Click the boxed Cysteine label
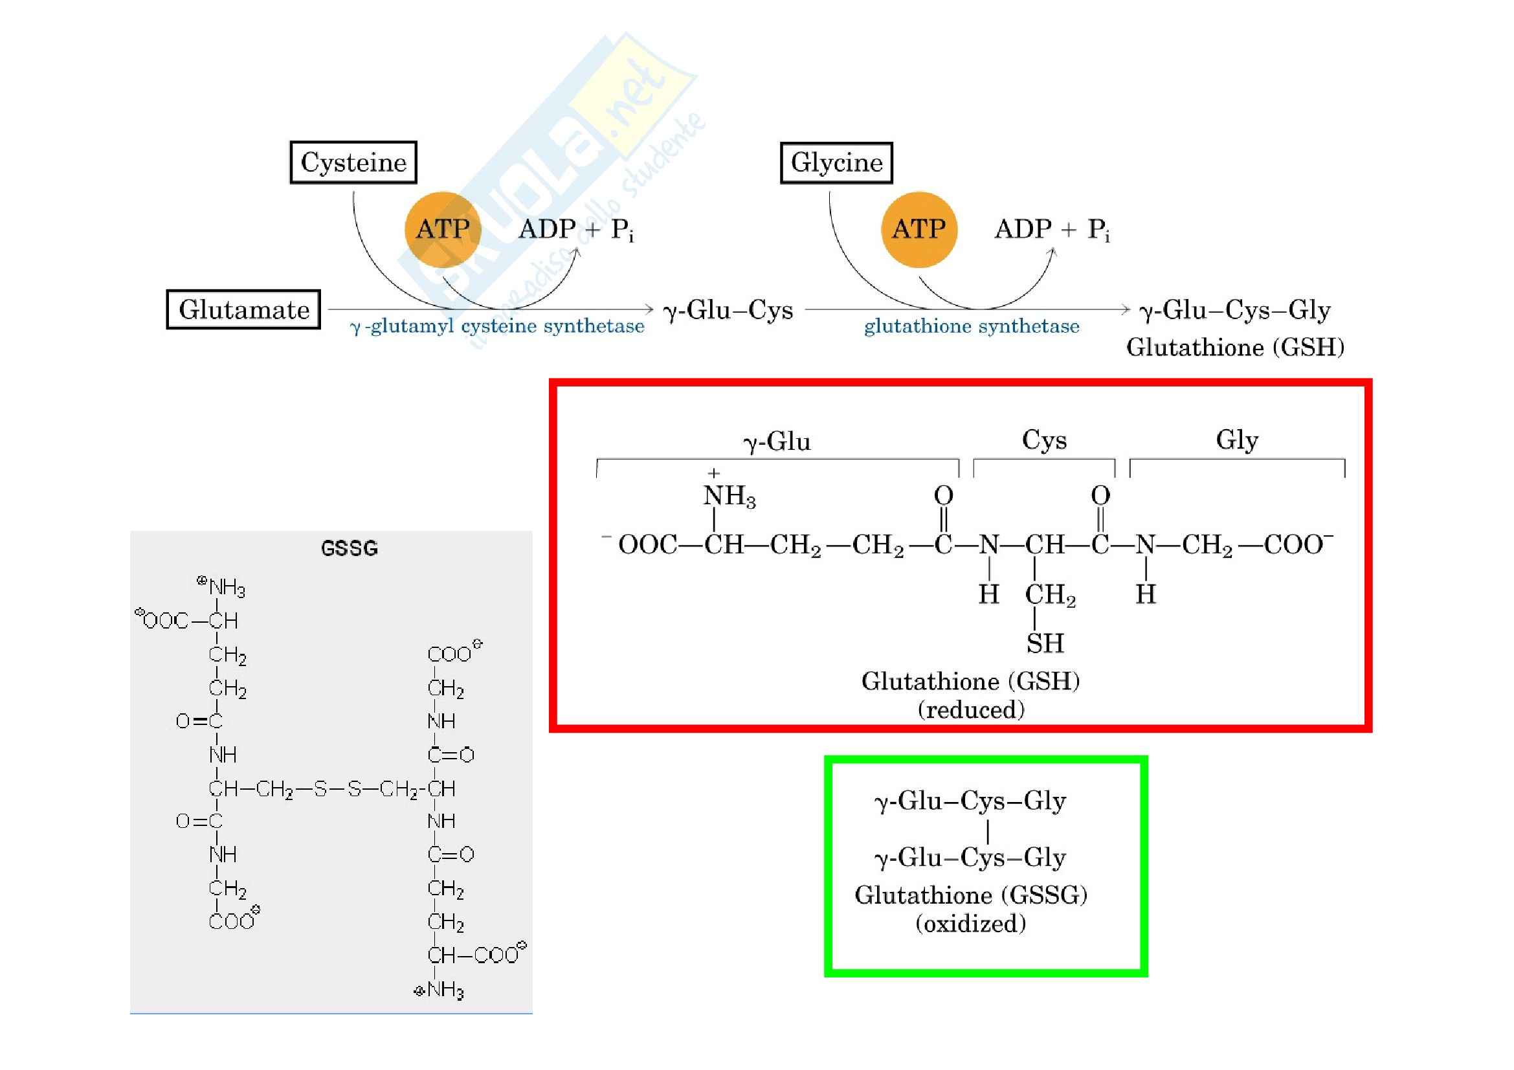click(353, 162)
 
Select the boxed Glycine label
click(836, 162)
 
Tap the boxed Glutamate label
click(243, 309)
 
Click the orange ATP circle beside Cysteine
click(443, 229)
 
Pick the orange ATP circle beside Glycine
click(918, 229)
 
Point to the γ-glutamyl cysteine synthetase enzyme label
click(497, 326)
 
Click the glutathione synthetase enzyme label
click(972, 326)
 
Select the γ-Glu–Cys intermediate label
click(728, 310)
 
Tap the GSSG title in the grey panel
click(349, 548)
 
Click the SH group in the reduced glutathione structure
click(1045, 643)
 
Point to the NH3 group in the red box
click(729, 496)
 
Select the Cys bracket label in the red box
click(1044, 440)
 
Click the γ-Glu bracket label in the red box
click(777, 441)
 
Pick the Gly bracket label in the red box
click(1237, 440)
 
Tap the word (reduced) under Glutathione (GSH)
click(971, 709)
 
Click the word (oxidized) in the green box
click(971, 923)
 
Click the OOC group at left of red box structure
click(647, 545)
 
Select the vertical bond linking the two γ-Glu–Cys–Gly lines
click(987, 830)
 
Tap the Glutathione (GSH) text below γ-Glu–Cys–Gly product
click(1234, 348)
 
